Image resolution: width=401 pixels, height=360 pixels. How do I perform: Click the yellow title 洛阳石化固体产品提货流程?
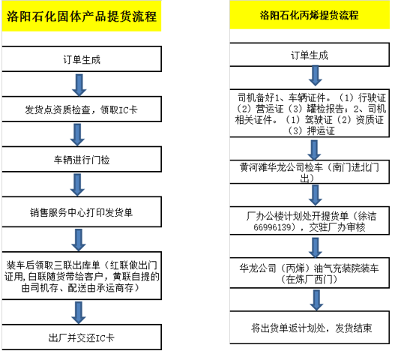82,16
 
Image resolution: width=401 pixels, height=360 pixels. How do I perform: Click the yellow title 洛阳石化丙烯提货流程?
310,15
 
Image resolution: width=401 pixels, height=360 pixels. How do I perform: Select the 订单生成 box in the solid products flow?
82,59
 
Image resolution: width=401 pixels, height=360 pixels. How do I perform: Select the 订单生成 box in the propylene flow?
310,55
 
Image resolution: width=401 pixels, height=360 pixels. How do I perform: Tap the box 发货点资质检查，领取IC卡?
82,109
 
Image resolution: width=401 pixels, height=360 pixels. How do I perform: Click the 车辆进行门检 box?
82,160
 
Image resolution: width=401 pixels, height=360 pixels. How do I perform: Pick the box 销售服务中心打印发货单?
82,211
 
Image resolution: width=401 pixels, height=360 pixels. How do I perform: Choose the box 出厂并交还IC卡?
82,337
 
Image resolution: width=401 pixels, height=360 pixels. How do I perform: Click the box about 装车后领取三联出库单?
82,276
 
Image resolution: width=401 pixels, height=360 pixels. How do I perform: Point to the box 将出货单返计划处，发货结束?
310,328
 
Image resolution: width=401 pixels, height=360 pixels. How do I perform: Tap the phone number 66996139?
272,227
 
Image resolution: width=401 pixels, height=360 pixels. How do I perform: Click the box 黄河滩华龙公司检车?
310,172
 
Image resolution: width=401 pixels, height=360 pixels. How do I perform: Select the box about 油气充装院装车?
310,273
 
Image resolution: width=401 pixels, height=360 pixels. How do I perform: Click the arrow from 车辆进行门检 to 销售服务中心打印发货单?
77,184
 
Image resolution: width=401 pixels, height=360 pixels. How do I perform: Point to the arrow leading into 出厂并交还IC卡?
78,313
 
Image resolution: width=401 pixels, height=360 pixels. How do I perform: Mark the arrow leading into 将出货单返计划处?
316,300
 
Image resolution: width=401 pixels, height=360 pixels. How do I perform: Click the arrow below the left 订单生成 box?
79,85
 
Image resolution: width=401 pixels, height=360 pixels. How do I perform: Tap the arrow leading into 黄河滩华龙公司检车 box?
314,150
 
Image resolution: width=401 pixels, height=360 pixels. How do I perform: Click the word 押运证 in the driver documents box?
321,131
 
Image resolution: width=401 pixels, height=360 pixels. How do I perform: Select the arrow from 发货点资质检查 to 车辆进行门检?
77,135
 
